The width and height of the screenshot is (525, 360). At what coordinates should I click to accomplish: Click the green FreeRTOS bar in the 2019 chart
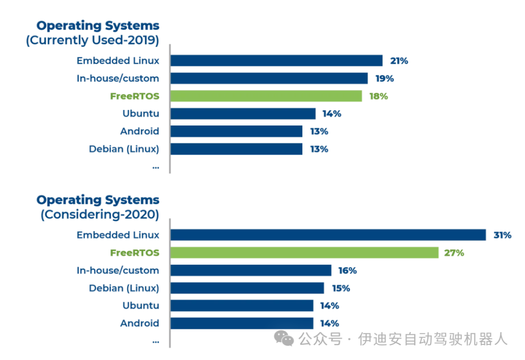(266, 96)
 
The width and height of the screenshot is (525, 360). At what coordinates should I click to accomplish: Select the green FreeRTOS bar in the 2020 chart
(304, 252)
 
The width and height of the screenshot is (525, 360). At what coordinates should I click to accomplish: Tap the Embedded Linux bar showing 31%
(328, 235)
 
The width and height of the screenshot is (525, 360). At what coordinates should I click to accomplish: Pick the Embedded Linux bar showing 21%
(276, 61)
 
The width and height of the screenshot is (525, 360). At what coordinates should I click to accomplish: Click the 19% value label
(384, 78)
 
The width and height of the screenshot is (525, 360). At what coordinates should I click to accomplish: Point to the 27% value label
(455, 252)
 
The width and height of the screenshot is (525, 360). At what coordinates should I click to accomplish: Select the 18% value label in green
(378, 96)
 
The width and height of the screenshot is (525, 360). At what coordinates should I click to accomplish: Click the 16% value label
(348, 270)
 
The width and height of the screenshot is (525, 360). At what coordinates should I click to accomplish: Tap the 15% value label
(340, 288)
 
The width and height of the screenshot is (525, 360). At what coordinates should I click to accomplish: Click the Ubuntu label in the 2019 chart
(140, 113)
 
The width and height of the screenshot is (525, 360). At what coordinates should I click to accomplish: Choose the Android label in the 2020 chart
(140, 323)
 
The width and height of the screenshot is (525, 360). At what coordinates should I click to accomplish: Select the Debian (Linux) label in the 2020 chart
(124, 288)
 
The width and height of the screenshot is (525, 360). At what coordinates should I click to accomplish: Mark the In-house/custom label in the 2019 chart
(118, 78)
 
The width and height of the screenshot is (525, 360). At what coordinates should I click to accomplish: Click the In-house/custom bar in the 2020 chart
(251, 270)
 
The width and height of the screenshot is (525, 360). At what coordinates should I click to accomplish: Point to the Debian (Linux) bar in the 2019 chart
(236, 149)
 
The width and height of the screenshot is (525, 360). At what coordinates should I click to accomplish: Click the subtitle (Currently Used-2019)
(92, 40)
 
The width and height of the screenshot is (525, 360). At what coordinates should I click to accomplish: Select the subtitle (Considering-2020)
(100, 215)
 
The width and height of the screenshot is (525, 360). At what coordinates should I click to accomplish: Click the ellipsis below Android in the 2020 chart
(156, 341)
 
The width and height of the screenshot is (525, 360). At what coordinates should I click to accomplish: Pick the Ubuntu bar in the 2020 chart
(242, 306)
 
